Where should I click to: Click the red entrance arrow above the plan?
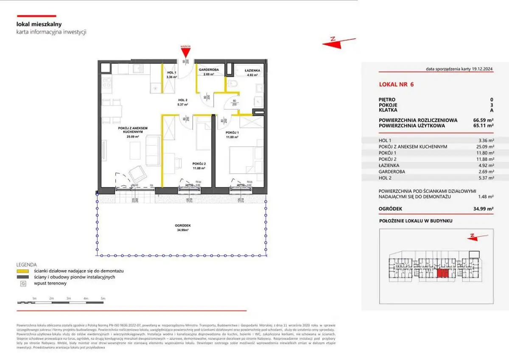coord(185,52)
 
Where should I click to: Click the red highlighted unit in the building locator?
coord(442,274)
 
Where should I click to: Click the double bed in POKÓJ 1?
coord(241,160)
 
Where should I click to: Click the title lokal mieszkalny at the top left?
coord(39,25)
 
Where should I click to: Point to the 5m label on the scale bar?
coord(102,299)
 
